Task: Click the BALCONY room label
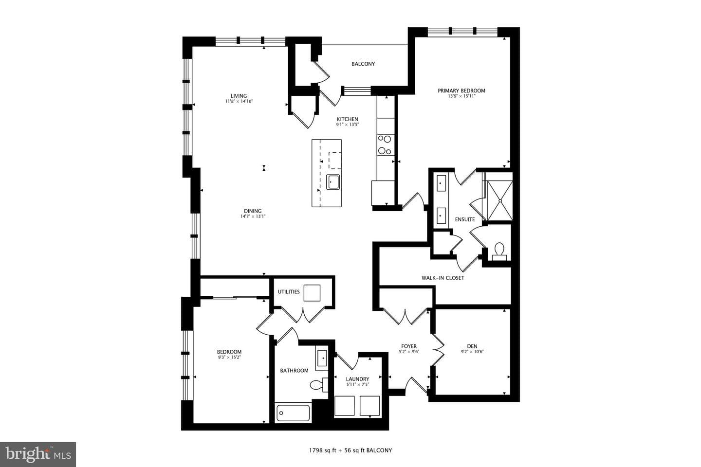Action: tap(363, 64)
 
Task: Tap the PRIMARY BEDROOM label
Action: tap(461, 90)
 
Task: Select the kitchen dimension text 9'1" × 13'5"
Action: tap(348, 125)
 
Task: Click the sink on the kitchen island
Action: tap(333, 182)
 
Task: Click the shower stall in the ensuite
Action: tap(500, 200)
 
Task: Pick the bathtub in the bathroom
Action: tap(293, 413)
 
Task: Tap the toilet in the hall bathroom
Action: tap(319, 385)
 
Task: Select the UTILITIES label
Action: tap(289, 292)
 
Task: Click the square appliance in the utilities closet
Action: tap(312, 293)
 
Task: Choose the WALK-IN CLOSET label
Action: tap(443, 278)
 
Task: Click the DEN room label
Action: tap(472, 346)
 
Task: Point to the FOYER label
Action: tap(409, 346)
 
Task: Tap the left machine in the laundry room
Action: tap(344, 406)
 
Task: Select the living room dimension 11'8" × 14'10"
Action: tap(239, 101)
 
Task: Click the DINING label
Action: tap(253, 211)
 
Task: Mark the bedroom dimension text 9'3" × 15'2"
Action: tap(229, 357)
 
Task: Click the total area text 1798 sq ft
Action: tap(322, 450)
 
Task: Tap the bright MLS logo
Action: tap(38, 454)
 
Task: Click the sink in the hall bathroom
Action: tap(322, 359)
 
